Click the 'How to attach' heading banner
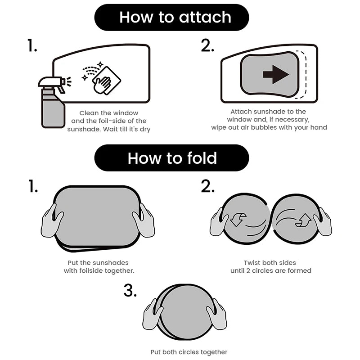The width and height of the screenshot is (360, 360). click(x=172, y=18)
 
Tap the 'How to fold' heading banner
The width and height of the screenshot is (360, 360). click(x=172, y=158)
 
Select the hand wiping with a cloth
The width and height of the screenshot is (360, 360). click(x=103, y=85)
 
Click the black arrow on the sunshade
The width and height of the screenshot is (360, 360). click(x=276, y=74)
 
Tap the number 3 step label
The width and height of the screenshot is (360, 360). click(x=130, y=290)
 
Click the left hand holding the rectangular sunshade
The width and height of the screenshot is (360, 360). click(x=52, y=221)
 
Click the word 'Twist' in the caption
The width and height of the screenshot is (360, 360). click(x=252, y=263)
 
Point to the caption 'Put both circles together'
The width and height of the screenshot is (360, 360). click(x=189, y=352)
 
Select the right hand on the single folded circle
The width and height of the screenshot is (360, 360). click(x=216, y=314)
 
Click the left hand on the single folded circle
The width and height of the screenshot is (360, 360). click(x=153, y=314)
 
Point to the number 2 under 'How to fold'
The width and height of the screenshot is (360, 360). click(x=207, y=186)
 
